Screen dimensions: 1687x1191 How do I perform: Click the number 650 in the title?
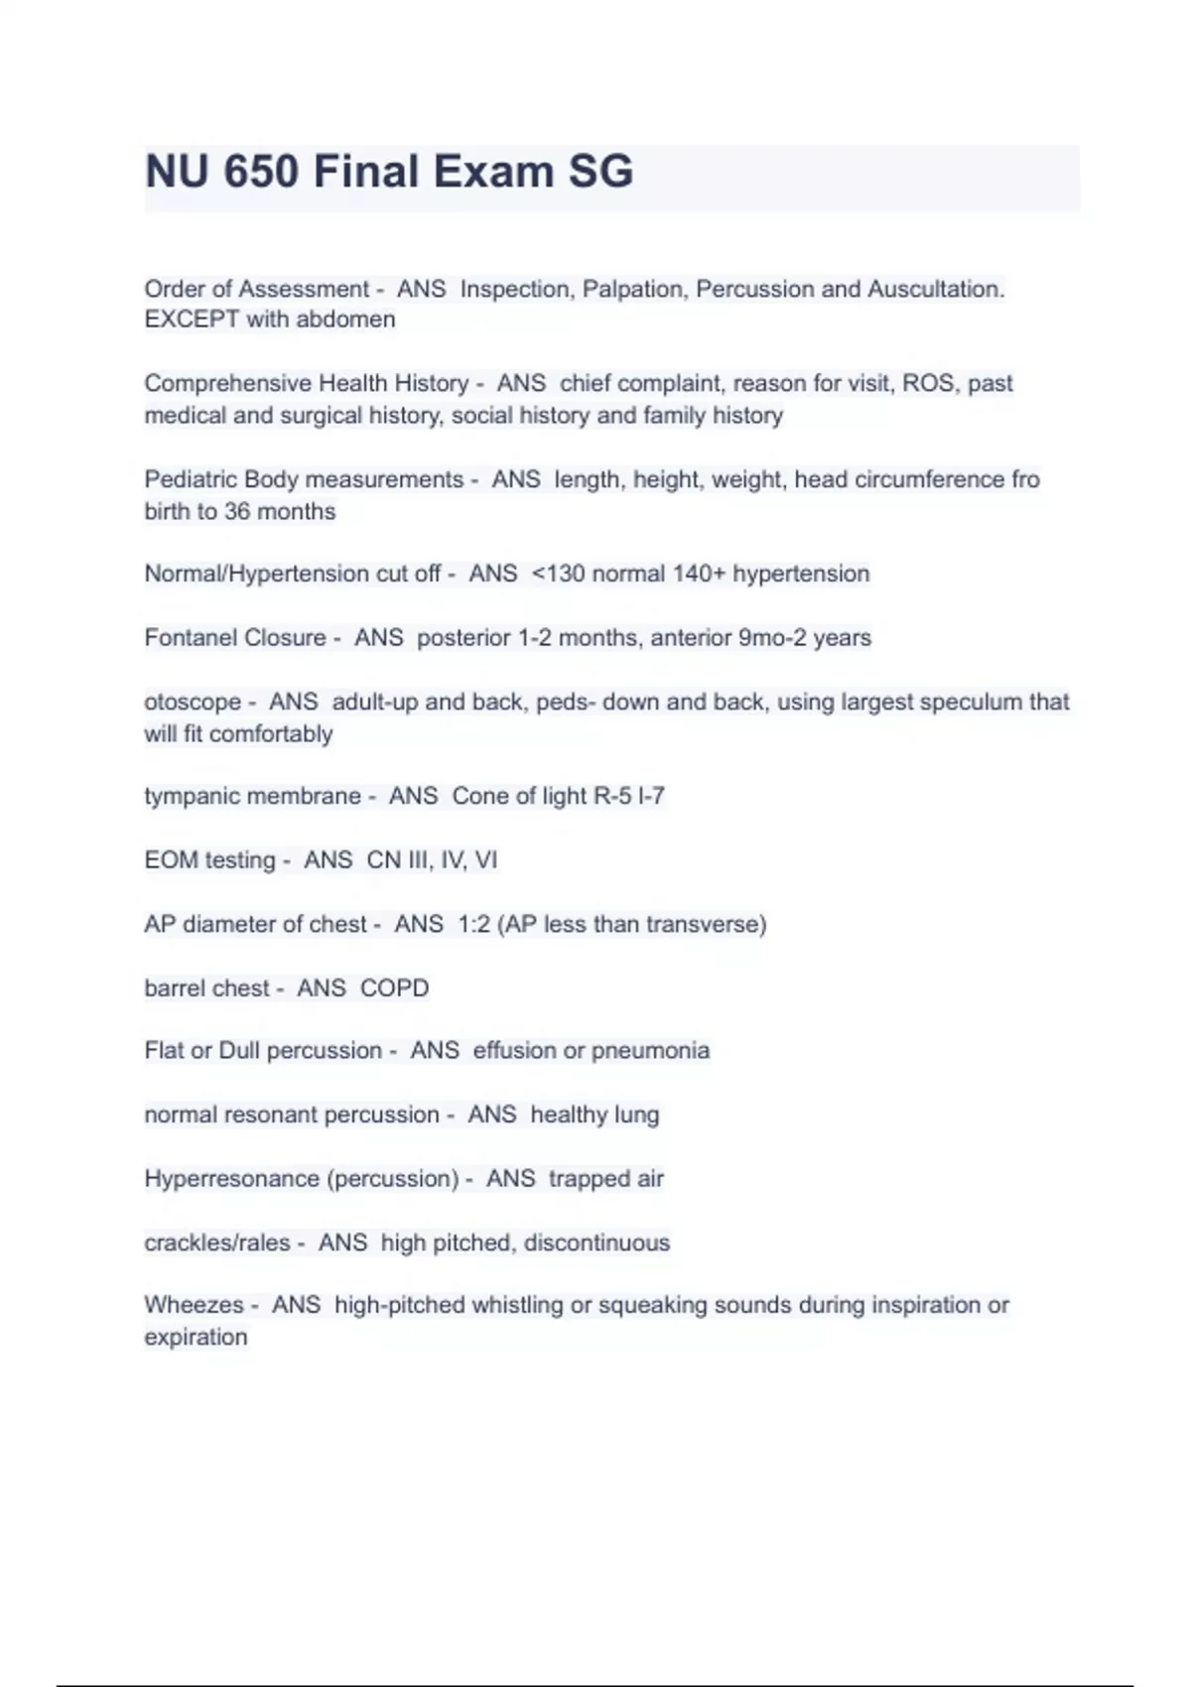(261, 172)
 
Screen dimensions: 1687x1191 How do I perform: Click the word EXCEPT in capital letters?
(192, 320)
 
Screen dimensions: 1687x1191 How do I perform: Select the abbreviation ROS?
(927, 383)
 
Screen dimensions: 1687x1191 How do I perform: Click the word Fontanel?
(186, 637)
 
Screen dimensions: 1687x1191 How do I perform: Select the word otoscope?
(193, 702)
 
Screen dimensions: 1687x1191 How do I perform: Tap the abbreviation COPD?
(394, 988)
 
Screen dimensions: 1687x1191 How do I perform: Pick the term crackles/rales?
(217, 1242)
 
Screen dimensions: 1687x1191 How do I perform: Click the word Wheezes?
(194, 1305)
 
